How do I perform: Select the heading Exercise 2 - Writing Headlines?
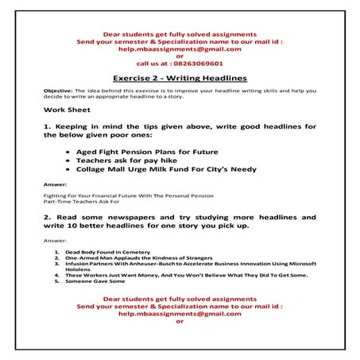point(180,78)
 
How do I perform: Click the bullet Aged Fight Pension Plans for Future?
point(141,151)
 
